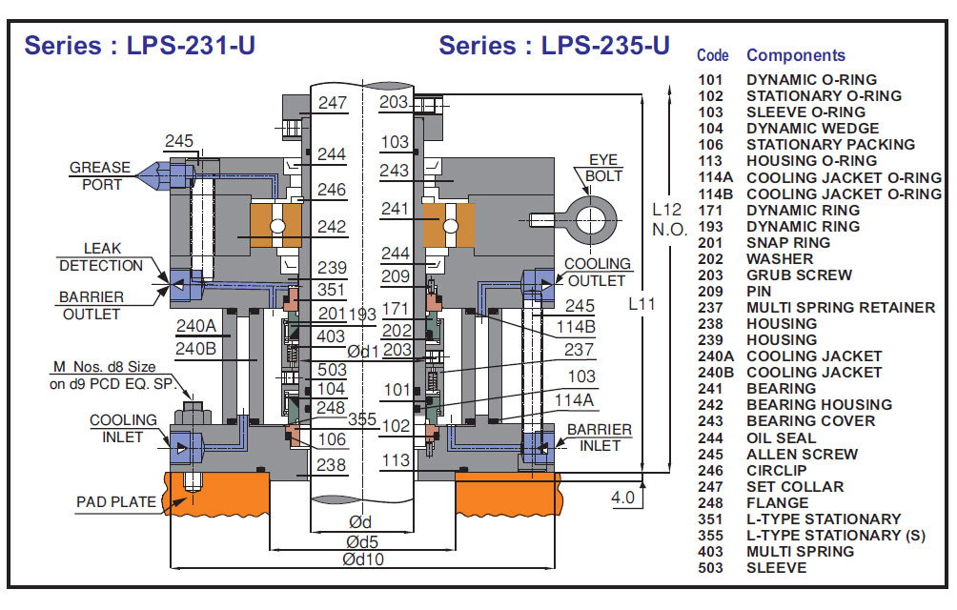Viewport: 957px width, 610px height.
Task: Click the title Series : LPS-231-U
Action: coord(139,45)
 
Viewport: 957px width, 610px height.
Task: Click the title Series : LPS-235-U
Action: coord(555,45)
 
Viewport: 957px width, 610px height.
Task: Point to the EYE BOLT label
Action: coord(603,169)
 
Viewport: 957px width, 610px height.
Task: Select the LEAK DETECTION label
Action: coord(101,257)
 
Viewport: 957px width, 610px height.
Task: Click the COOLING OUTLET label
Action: coord(598,272)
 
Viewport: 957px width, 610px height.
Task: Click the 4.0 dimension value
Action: coord(622,498)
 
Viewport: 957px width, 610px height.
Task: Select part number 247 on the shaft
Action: coord(333,103)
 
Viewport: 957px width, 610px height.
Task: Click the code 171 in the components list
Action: coord(711,211)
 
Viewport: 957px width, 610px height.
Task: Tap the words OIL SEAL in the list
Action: coord(782,438)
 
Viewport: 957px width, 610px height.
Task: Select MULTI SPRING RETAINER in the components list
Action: coord(841,308)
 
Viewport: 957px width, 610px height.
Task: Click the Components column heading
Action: coord(796,55)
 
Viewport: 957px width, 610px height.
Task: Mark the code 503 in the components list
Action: coord(711,568)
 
